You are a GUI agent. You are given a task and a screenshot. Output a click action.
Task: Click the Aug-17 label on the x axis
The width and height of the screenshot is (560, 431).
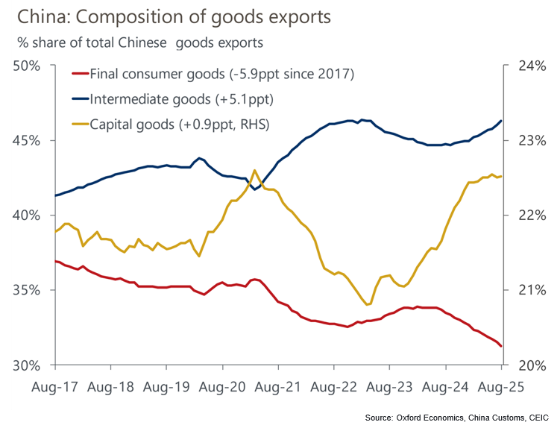55,388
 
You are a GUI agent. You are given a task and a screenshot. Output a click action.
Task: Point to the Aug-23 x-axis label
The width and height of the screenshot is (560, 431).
389,388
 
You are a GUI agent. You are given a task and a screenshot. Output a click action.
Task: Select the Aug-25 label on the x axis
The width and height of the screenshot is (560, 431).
500,388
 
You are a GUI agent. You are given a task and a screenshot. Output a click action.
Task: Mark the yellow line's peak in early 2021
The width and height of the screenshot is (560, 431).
254,170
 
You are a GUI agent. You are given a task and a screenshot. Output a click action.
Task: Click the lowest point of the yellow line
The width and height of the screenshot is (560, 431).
368,305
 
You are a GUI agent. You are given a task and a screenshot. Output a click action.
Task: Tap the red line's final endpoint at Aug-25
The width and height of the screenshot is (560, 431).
501,346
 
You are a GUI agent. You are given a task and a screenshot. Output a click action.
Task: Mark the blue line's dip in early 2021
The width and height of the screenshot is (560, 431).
255,189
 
